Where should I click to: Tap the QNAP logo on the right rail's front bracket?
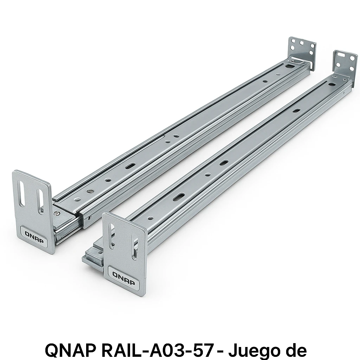coord(124,275)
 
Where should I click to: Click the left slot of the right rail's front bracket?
coord(112,239)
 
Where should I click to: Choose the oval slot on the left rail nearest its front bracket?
coord(130,165)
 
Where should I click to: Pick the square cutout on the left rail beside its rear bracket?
coord(290,66)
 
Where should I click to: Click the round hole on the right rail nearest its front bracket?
coord(150,218)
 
